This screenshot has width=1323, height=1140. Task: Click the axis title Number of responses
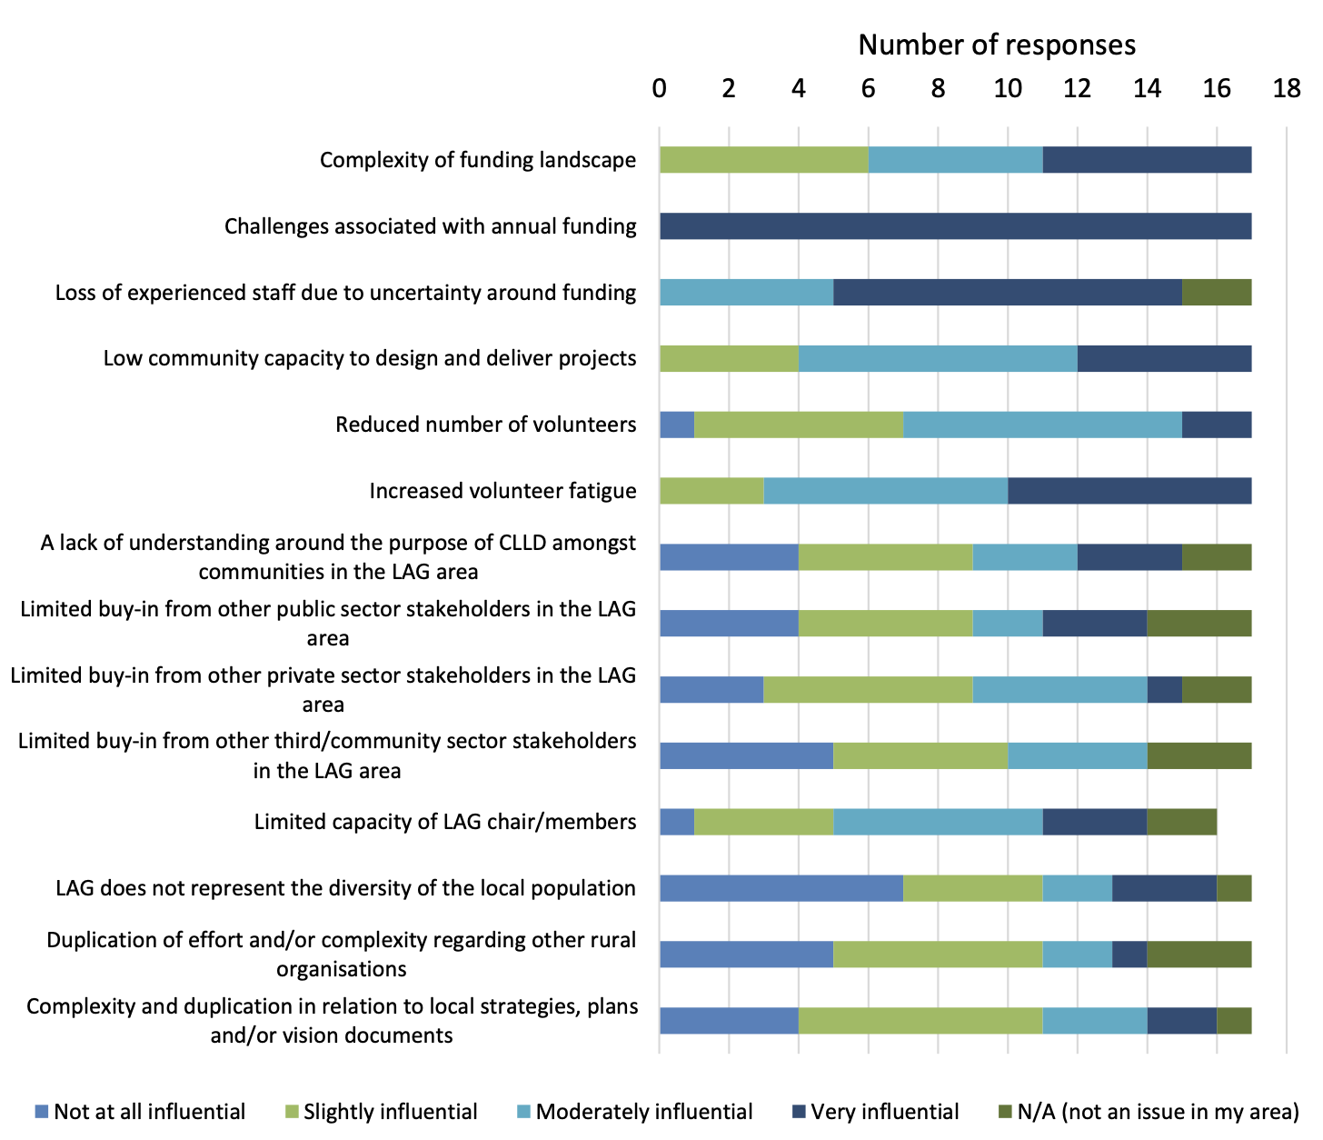pyautogui.click(x=997, y=45)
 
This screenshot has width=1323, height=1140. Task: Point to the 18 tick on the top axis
pyautogui.click(x=1287, y=88)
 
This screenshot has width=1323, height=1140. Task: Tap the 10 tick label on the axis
pyautogui.click(x=1007, y=88)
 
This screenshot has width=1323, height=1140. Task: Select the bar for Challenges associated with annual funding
pyautogui.click(x=955, y=226)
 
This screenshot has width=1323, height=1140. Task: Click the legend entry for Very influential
pyautogui.click(x=884, y=1112)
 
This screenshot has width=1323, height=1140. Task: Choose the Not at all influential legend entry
pyautogui.click(x=149, y=1112)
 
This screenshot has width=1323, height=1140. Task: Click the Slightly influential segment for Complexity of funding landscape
pyautogui.click(x=763, y=160)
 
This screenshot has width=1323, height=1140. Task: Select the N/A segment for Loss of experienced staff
pyautogui.click(x=1217, y=293)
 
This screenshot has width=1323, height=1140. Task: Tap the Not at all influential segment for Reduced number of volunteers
pyautogui.click(x=677, y=425)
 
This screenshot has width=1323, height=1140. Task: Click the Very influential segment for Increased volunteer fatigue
pyautogui.click(x=1129, y=491)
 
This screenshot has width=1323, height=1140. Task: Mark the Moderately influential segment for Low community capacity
pyautogui.click(x=938, y=358)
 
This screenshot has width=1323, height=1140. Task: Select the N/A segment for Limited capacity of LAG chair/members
pyautogui.click(x=1181, y=822)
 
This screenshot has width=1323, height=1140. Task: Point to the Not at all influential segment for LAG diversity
pyautogui.click(x=781, y=888)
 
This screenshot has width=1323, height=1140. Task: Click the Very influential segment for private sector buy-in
pyautogui.click(x=1164, y=690)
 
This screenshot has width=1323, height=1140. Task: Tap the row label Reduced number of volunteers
pyautogui.click(x=485, y=425)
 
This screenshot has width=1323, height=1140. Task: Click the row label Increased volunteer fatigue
pyautogui.click(x=502, y=491)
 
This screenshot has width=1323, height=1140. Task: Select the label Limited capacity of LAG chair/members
pyautogui.click(x=445, y=822)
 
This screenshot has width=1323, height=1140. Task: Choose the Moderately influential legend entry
pyautogui.click(x=643, y=1112)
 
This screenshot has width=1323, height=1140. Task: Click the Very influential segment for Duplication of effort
pyautogui.click(x=1129, y=955)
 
